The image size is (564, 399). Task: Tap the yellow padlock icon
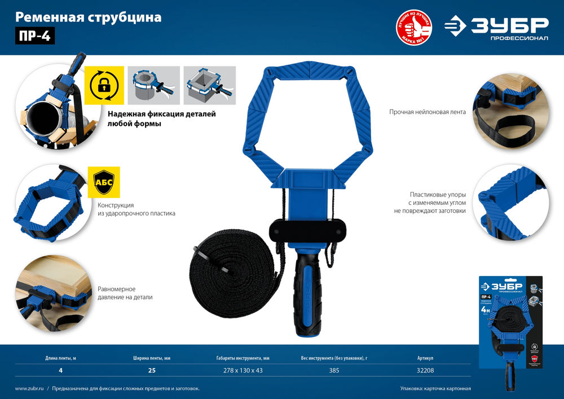coord(104,85)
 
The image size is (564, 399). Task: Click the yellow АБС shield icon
coord(104,181)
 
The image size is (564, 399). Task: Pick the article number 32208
coord(426,371)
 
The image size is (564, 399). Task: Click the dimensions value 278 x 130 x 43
coord(239,371)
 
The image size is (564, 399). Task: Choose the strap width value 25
coord(151,371)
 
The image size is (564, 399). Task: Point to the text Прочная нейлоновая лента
coord(427,112)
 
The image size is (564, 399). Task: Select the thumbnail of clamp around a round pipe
coord(154,85)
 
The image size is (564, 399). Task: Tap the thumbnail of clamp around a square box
coord(205,85)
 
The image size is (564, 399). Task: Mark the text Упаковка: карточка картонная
coord(435,389)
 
